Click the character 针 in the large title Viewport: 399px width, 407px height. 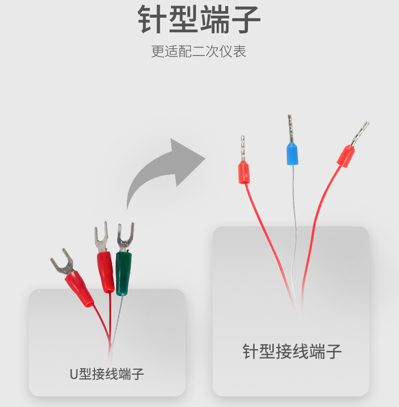click(153, 20)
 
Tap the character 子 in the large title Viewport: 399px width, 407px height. click(246, 20)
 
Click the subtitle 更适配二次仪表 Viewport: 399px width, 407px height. click(198, 51)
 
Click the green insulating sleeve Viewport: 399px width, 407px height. click(123, 273)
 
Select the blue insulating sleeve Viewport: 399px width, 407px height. click(292, 154)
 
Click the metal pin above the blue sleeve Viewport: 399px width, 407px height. click(290, 128)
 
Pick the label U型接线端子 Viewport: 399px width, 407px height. click(107, 374)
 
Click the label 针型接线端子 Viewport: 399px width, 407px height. click(292, 351)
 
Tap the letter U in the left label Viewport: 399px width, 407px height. click(74, 374)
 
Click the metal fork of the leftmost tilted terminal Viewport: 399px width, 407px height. click(62, 263)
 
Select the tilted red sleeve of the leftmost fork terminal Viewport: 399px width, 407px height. click(79, 289)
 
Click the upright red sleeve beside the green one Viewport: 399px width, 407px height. click(106, 272)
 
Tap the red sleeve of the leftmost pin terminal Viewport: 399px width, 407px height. click(244, 172)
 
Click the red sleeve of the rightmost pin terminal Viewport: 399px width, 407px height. click(346, 157)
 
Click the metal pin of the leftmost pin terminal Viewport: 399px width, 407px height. click(243, 148)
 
